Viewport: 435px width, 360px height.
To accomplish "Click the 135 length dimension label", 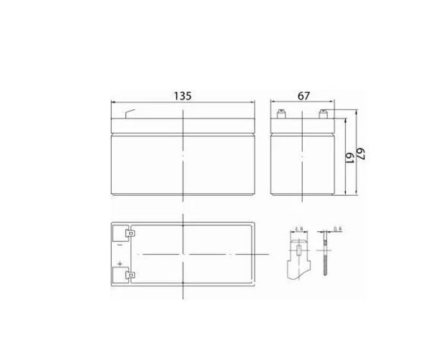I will coord(183,96).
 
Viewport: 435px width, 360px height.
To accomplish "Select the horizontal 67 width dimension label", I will coord(304,96).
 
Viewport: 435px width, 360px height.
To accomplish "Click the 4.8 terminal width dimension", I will coord(299,229).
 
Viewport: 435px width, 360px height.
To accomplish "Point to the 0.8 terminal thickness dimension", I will coord(337,229).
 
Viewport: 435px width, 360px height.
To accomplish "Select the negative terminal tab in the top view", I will coord(129,233).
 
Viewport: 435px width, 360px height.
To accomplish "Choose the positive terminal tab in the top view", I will coord(129,275).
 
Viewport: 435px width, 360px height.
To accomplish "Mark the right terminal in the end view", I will coord(323,115).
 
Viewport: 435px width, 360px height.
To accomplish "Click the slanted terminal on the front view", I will coord(130,113).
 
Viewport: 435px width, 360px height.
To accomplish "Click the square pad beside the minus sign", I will coord(119,233).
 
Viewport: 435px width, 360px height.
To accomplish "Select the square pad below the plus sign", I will coord(119,275).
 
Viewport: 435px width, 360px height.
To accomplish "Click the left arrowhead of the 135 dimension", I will coord(113,103).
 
